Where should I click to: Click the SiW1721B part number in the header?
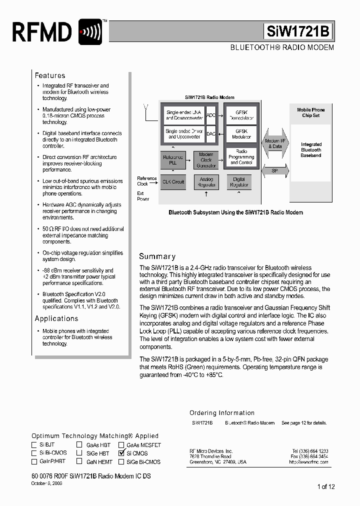[x=298, y=32]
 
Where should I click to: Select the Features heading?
[x=50, y=75]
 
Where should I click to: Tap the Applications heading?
[x=56, y=318]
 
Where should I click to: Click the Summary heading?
[x=157, y=256]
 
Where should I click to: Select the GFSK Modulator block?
[x=241, y=134]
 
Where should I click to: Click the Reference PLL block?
[x=173, y=160]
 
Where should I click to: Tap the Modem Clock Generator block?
[x=206, y=160]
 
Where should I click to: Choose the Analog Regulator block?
[x=206, y=182]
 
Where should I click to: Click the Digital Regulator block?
[x=239, y=182]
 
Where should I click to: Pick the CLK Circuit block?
[x=173, y=182]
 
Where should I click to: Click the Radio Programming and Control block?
[x=241, y=157]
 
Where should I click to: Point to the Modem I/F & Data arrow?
[x=274, y=144]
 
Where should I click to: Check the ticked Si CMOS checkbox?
[x=121, y=453]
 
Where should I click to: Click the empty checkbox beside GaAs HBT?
[x=79, y=444]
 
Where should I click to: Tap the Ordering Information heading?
[x=222, y=413]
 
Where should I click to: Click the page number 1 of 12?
[x=325, y=486]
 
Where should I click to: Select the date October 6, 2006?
[x=47, y=483]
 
